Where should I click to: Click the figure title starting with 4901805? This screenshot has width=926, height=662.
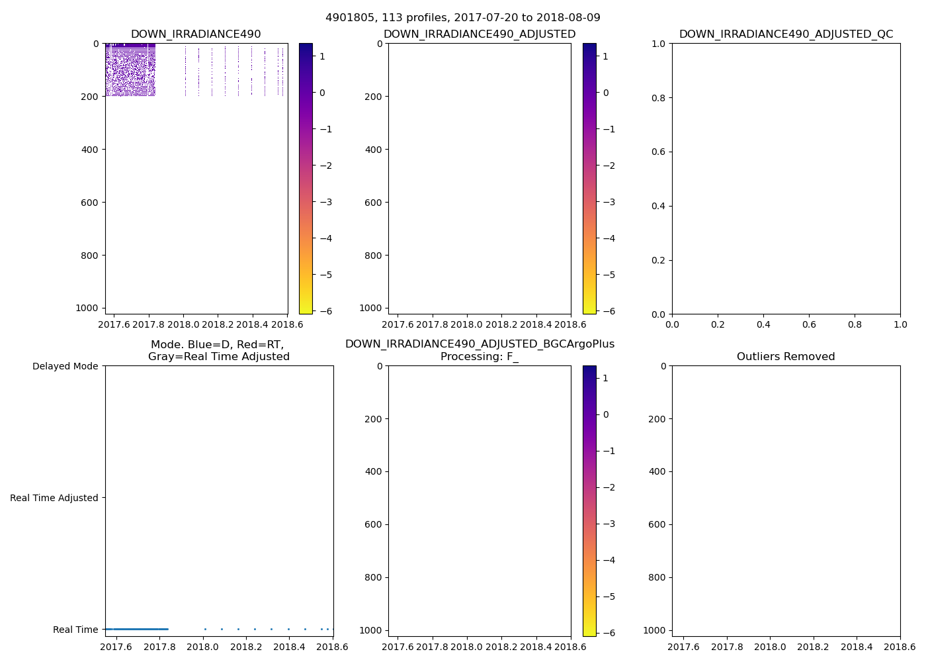pyautogui.click(x=462, y=18)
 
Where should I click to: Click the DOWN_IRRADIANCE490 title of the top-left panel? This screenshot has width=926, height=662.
pyautogui.click(x=196, y=34)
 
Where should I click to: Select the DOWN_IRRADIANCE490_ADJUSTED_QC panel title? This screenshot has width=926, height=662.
pyautogui.click(x=786, y=34)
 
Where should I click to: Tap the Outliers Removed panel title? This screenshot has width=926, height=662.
pyautogui.click(x=786, y=357)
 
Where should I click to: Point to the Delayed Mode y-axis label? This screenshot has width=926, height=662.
pyautogui.click(x=65, y=366)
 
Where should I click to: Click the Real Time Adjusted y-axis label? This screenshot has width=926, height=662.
pyautogui.click(x=54, y=498)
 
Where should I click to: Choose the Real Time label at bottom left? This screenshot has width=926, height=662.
pyautogui.click(x=75, y=630)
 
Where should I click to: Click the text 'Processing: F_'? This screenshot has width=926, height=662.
pyautogui.click(x=480, y=357)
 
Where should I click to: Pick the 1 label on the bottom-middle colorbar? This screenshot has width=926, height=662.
pyautogui.click(x=605, y=378)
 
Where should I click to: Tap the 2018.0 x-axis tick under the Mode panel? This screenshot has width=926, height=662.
pyautogui.click(x=203, y=647)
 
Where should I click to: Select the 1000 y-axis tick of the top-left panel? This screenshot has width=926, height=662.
pyautogui.click(x=87, y=308)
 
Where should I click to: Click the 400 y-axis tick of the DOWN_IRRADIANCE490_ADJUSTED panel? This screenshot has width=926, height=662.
pyautogui.click(x=373, y=150)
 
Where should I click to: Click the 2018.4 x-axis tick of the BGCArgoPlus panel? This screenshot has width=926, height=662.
pyautogui.click(x=536, y=647)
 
